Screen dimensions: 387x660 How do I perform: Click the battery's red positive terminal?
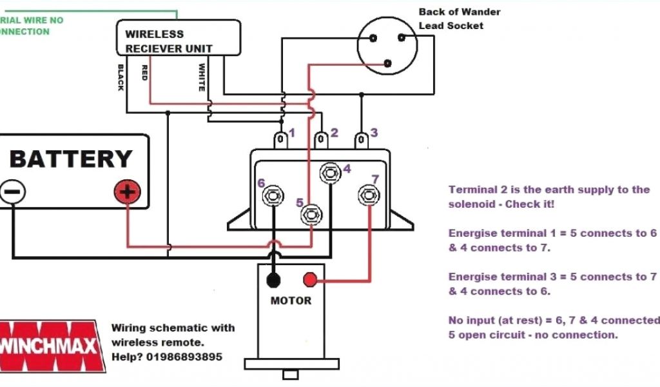click(x=128, y=192)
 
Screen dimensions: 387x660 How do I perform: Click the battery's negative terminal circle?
click(x=13, y=192)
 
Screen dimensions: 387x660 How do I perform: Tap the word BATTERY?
click(x=71, y=159)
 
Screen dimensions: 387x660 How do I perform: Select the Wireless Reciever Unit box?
click(x=179, y=37)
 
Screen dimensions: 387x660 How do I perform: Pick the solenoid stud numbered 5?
click(x=312, y=213)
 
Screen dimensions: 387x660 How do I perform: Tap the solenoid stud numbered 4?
click(x=331, y=172)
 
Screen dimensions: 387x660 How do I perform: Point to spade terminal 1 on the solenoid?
click(x=281, y=139)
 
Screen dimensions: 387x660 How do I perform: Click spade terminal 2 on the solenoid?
click(x=321, y=139)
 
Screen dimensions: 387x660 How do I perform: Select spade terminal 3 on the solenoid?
click(x=362, y=139)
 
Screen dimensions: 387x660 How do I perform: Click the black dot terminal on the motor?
click(x=274, y=280)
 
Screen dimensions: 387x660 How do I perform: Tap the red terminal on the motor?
click(x=310, y=280)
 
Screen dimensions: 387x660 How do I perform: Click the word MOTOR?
click(x=291, y=301)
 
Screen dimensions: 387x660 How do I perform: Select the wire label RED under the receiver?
click(x=145, y=72)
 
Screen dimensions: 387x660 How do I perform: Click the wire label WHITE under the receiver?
click(x=202, y=77)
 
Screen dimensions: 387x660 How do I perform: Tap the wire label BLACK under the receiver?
click(x=121, y=77)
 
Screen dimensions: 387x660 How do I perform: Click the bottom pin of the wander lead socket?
click(x=387, y=63)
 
